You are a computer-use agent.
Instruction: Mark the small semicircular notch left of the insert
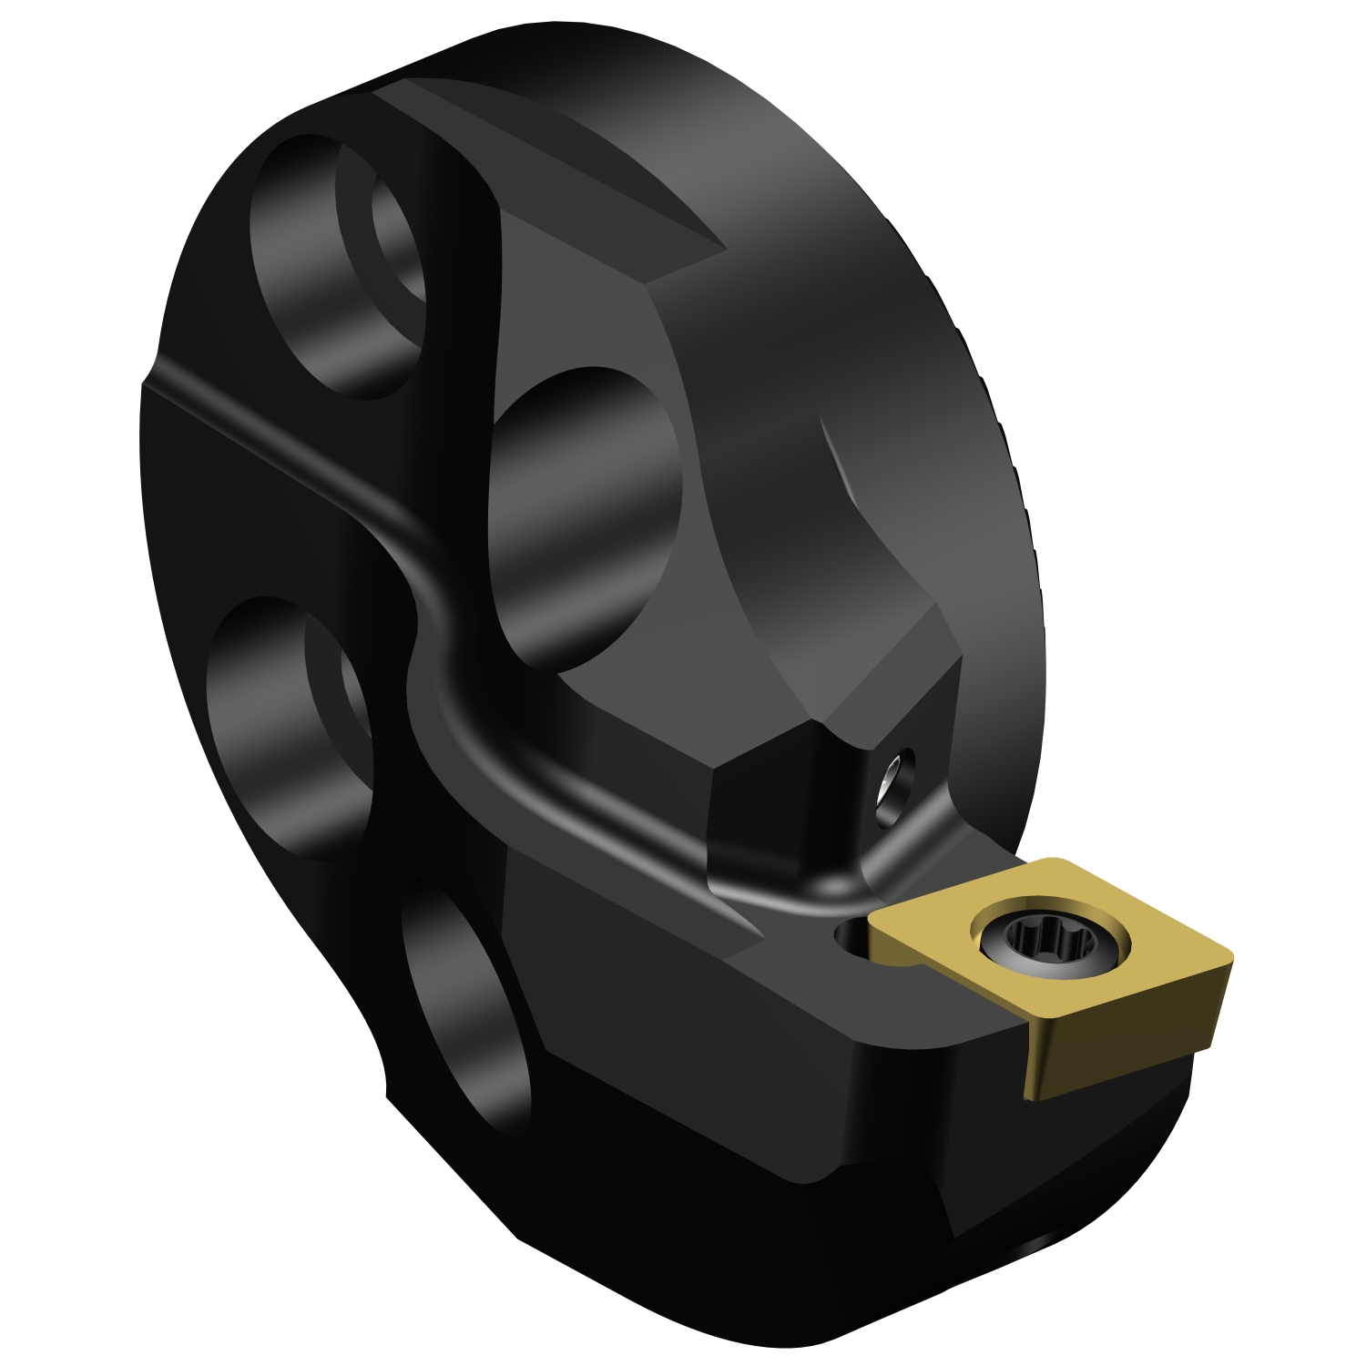(x=851, y=938)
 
